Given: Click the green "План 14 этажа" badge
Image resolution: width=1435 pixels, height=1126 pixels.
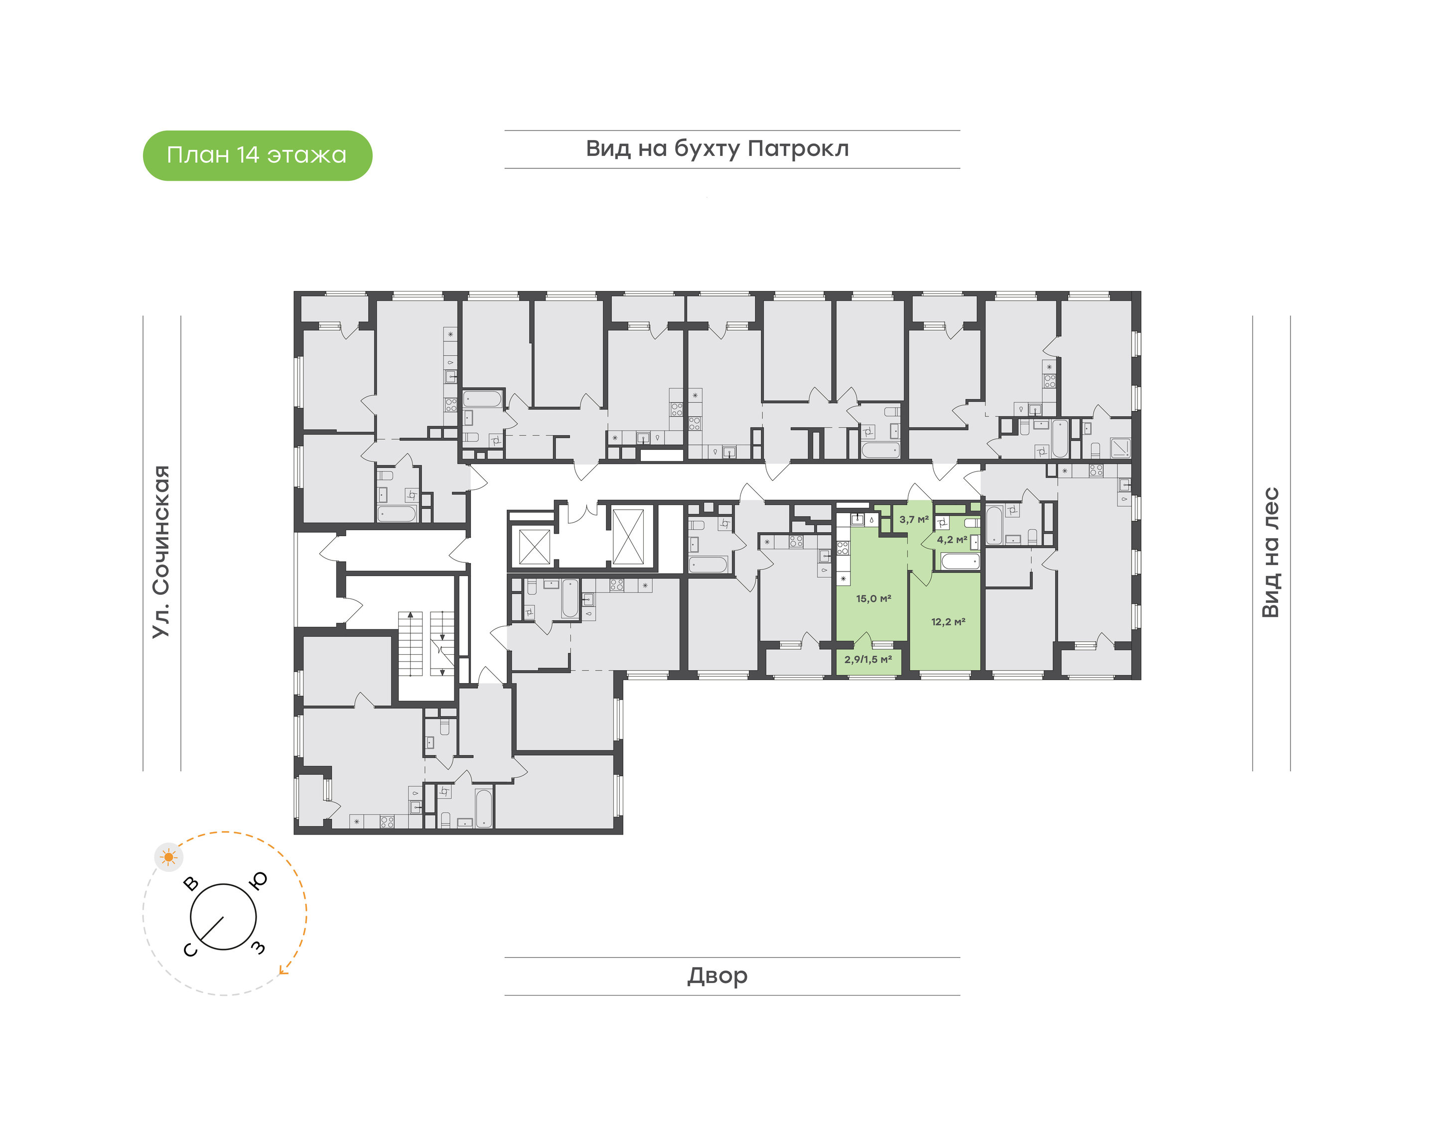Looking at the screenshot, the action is click(x=257, y=155).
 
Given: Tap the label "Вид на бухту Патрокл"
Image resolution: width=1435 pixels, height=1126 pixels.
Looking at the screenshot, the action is click(x=717, y=149).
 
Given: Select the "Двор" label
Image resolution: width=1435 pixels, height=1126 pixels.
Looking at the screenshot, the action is click(x=717, y=976).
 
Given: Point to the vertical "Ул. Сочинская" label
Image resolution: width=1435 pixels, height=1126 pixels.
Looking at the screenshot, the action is click(x=161, y=551).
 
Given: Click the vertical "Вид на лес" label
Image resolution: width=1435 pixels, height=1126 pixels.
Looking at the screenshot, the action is click(x=1270, y=553).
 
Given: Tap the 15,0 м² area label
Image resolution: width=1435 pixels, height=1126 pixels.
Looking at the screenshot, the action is click(x=873, y=598).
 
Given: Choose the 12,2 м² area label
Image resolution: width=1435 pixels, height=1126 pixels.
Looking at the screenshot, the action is click(x=948, y=622).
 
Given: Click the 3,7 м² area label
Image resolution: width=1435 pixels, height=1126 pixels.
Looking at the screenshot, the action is click(x=914, y=520).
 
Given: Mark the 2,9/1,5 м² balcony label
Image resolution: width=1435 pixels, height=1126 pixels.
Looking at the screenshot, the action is click(x=868, y=659).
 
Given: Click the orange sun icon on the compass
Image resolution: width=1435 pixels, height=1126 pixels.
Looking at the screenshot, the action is click(x=169, y=857).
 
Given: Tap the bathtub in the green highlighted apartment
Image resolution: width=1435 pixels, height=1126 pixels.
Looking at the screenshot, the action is click(x=960, y=562).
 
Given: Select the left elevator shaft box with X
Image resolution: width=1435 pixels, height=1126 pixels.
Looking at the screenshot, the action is click(x=534, y=547).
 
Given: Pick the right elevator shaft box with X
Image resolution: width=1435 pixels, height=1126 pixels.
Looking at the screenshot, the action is click(x=628, y=537).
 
